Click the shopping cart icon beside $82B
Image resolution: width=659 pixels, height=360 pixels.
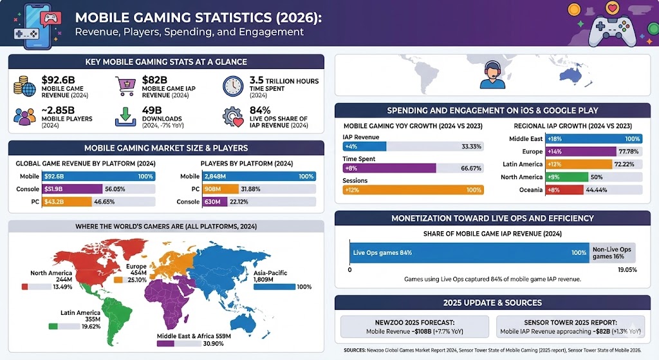pyautogui.click(x=126, y=86)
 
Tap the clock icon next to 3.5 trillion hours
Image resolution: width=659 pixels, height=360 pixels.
pyautogui.click(x=233, y=86)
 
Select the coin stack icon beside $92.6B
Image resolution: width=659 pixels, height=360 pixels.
pyautogui.click(x=25, y=86)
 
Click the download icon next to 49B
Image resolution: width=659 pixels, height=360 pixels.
pyautogui.click(x=126, y=117)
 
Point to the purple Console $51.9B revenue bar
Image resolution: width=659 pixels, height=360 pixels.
pyautogui.click(x=71, y=189)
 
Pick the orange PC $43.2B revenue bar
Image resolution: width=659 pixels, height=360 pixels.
pyautogui.click(x=67, y=202)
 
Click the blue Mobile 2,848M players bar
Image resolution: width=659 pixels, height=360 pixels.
pyautogui.click(x=258, y=176)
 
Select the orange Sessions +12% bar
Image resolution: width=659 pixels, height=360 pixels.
pyautogui.click(x=413, y=190)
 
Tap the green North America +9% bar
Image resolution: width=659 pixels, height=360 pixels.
pyautogui.click(x=566, y=177)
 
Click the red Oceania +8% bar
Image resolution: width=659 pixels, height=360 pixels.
pyautogui.click(x=564, y=190)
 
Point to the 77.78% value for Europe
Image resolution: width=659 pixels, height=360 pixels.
pyautogui.click(x=629, y=151)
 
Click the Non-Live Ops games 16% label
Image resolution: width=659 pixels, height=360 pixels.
pyautogui.click(x=611, y=252)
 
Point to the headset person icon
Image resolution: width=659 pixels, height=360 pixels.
pyautogui.click(x=492, y=75)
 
